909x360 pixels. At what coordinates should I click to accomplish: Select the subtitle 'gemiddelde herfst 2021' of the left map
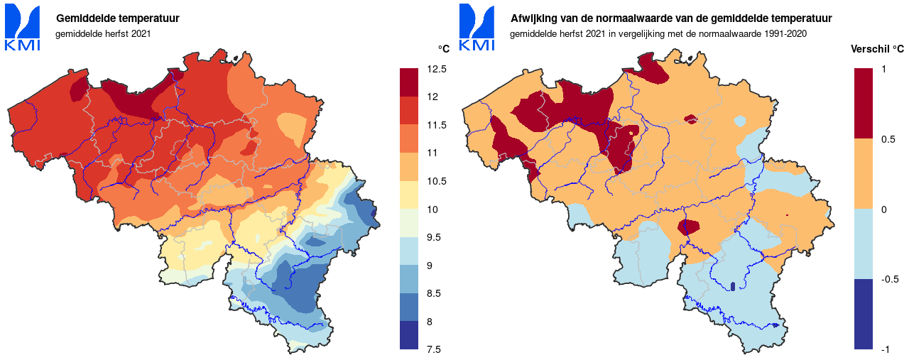click(x=104, y=33)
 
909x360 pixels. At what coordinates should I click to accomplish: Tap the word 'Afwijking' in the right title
click(x=534, y=18)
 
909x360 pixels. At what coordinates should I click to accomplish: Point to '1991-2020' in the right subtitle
click(x=785, y=33)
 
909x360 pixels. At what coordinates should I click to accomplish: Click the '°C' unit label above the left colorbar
click(x=443, y=49)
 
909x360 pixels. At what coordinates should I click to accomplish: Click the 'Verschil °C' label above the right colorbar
click(x=877, y=49)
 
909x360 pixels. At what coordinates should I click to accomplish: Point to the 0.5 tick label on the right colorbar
click(x=888, y=139)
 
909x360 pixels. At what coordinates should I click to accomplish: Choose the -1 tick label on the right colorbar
click(x=885, y=349)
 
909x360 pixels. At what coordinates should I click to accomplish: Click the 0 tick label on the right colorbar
click(x=883, y=209)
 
